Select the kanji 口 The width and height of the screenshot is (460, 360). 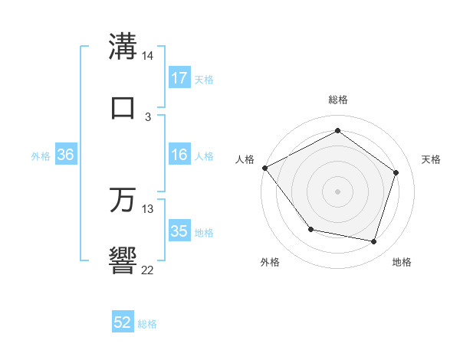(123, 106)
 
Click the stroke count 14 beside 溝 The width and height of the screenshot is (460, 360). (148, 57)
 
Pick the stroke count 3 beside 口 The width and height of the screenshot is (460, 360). (148, 116)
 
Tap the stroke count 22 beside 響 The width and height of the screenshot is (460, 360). (148, 270)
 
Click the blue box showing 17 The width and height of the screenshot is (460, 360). (179, 77)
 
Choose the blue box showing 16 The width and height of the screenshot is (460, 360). (179, 155)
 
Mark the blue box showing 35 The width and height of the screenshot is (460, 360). (179, 231)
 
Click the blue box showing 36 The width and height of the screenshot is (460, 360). (66, 155)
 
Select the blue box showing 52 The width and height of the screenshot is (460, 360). (123, 322)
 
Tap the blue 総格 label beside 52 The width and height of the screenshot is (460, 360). (148, 324)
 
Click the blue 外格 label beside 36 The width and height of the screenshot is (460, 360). (41, 156)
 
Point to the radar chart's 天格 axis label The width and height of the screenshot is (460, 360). (432, 159)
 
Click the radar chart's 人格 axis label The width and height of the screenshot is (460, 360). (245, 159)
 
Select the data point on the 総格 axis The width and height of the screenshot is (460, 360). (337, 131)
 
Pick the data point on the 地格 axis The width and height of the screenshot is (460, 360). (373, 242)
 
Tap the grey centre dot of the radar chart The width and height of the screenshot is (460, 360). (337, 191)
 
